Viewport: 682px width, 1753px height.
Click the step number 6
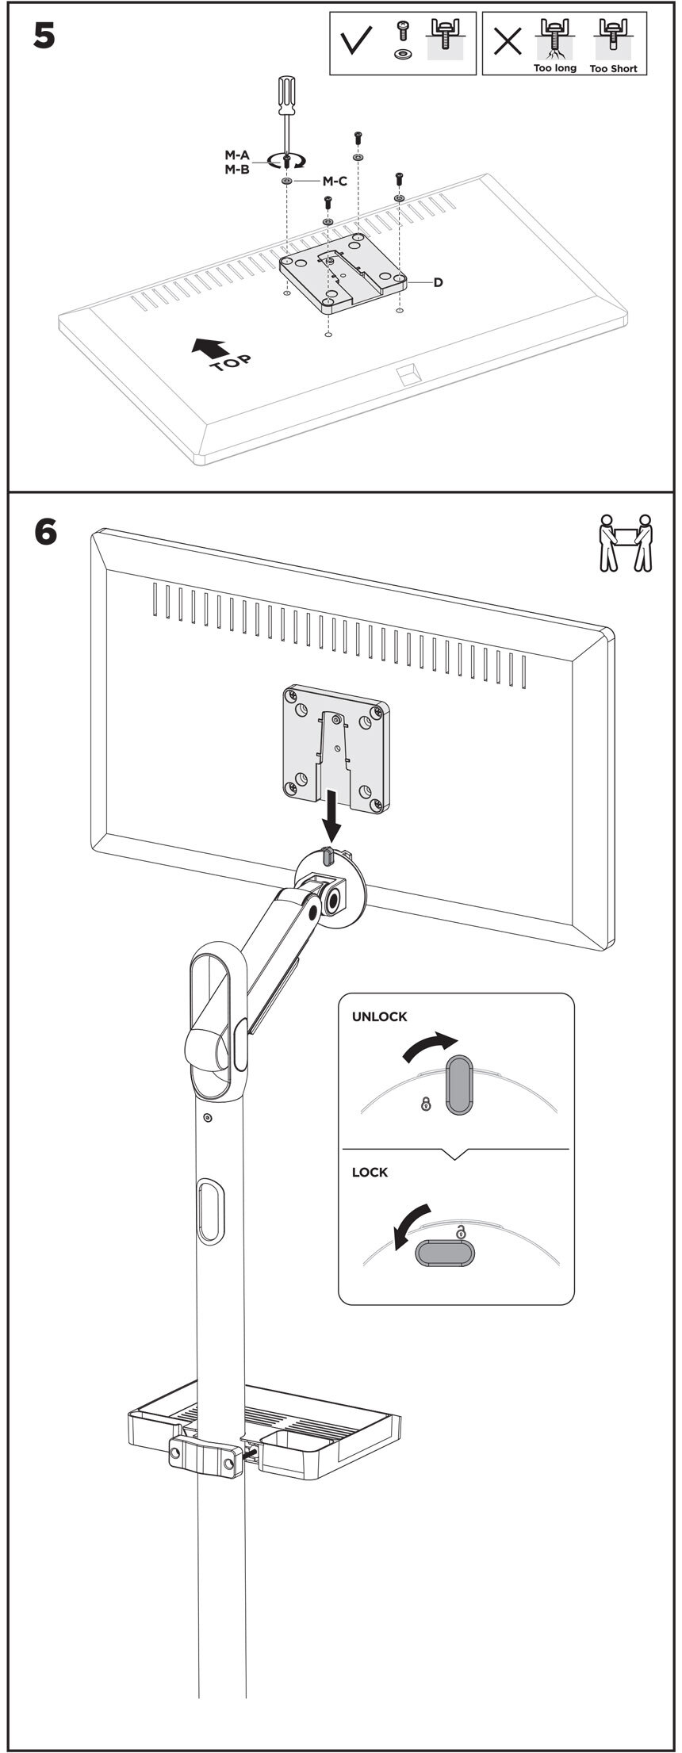[x=45, y=531]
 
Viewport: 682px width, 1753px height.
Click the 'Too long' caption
[x=555, y=69]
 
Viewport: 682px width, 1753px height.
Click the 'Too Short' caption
[x=614, y=69]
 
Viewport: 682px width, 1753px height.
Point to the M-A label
[x=237, y=155]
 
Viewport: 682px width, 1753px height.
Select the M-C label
[x=334, y=182]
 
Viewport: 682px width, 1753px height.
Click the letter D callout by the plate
[x=438, y=282]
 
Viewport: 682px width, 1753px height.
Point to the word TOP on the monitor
[x=232, y=364]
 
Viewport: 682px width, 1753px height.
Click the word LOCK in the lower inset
[x=370, y=1172]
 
